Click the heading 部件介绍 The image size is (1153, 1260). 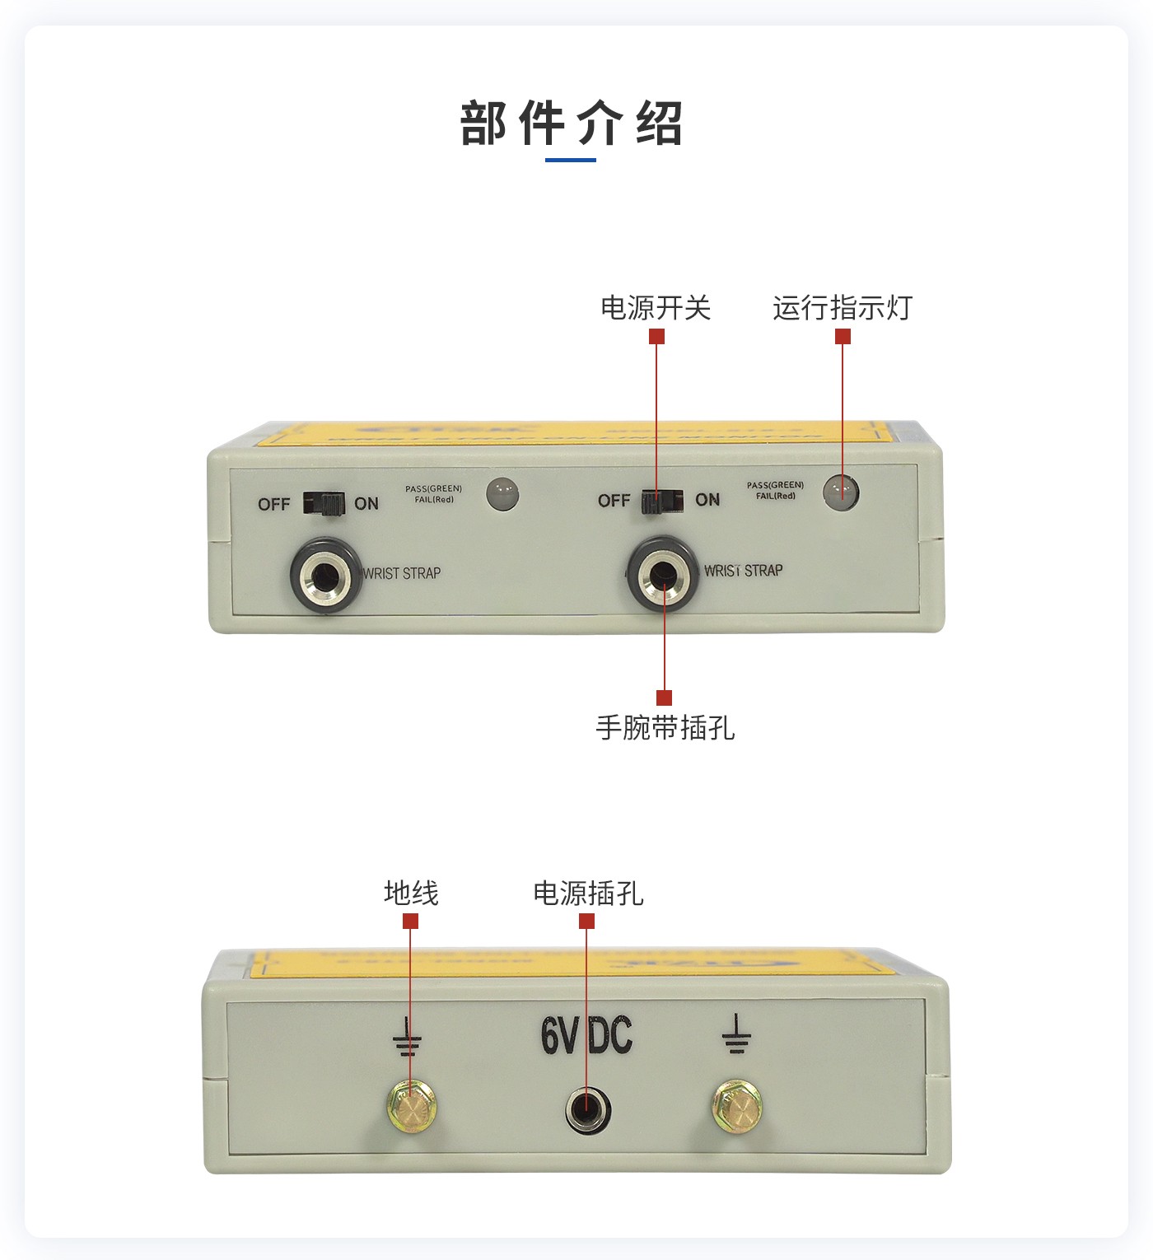click(572, 124)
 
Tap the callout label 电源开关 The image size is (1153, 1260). click(656, 308)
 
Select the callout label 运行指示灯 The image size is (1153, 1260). click(843, 308)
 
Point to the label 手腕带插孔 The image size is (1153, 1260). click(665, 728)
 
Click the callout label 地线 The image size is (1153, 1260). click(411, 893)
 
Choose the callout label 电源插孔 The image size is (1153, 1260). click(588, 893)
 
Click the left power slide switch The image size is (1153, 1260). click(323, 503)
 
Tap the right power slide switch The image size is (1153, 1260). click(662, 500)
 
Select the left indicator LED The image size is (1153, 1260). click(502, 494)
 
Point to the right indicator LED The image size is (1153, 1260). click(841, 492)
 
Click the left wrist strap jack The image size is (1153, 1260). click(325, 574)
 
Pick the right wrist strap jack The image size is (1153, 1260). click(664, 572)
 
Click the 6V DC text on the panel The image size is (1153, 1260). click(586, 1035)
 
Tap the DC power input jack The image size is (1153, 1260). click(587, 1109)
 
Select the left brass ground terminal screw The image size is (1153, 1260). click(411, 1106)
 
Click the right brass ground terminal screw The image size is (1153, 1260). click(737, 1106)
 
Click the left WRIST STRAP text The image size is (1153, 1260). click(403, 573)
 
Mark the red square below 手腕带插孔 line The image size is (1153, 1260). click(665, 698)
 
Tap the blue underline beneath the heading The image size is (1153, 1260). click(571, 160)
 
